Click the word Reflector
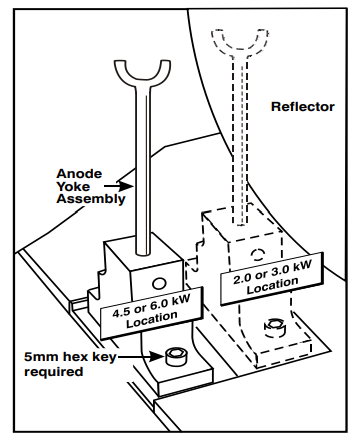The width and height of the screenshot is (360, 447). tap(303, 107)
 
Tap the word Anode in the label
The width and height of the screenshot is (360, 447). tap(79, 174)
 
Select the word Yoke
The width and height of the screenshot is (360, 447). tap(73, 186)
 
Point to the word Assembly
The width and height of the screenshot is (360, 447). tap(91, 199)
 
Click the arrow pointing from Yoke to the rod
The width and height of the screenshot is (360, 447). tap(119, 186)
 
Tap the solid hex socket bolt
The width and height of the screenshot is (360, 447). tap(175, 357)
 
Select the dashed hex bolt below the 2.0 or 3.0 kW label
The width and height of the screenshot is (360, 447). tap(274, 328)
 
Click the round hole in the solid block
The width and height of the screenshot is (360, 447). tap(159, 284)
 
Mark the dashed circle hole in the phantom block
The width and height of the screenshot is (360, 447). tap(257, 255)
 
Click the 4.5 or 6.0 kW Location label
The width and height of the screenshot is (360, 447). tap(151, 313)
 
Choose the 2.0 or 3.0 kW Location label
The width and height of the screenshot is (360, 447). tap(272, 279)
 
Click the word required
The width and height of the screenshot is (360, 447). tap(53, 372)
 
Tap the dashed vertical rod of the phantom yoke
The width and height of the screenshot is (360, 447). tap(240, 140)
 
